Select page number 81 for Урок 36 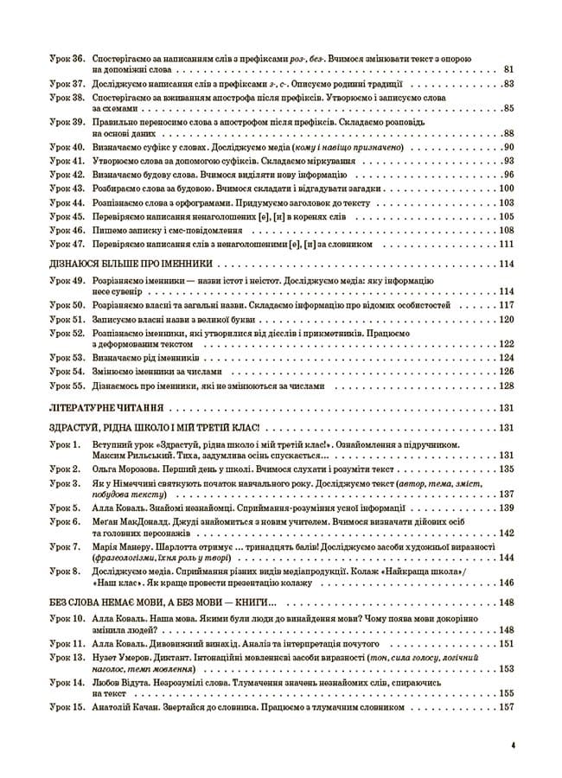click(508, 69)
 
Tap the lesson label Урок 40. click(66, 148)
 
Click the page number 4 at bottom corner click(513, 743)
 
